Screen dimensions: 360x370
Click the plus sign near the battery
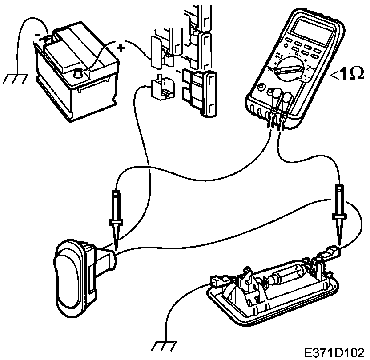tap(120, 46)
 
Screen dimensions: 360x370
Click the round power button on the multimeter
tap(261, 88)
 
